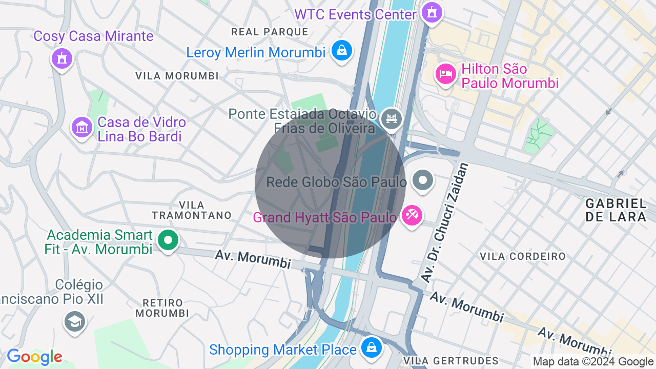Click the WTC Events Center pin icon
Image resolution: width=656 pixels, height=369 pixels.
click(432, 12)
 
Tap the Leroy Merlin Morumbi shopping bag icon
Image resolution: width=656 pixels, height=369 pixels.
click(341, 50)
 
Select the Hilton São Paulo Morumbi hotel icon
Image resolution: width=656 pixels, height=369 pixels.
click(445, 74)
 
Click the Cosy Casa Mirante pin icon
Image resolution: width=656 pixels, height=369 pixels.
click(62, 58)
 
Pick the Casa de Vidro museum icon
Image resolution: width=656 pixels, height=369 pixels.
click(81, 127)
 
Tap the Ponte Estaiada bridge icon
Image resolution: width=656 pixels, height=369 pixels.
click(392, 119)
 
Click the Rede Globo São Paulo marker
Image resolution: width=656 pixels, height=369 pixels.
click(423, 180)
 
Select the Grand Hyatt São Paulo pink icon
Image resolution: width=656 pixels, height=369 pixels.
click(412, 215)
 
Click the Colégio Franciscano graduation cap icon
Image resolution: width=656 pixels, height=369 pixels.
click(75, 321)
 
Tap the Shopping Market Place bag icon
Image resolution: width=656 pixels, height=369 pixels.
click(371, 347)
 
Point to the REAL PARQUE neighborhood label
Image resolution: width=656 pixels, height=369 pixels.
click(270, 32)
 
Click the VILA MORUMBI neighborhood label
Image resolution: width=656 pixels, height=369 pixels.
click(177, 76)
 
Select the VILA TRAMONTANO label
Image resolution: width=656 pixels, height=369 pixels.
click(192, 210)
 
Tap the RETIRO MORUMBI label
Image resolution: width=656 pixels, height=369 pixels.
click(162, 307)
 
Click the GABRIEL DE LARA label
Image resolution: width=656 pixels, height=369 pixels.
click(616, 210)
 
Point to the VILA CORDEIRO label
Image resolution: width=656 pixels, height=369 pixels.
click(523, 256)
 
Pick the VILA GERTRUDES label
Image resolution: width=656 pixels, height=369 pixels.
click(451, 361)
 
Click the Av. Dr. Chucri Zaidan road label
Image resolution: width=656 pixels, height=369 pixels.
click(445, 222)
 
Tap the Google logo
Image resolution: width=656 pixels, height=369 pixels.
click(34, 357)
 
